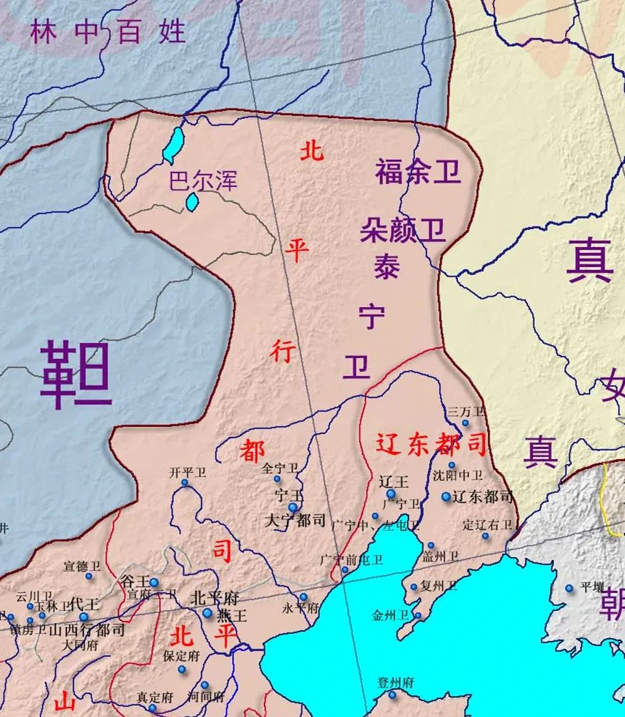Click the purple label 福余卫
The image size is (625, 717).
(x=417, y=172)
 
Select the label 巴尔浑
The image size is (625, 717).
(x=202, y=179)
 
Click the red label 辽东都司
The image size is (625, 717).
(x=432, y=444)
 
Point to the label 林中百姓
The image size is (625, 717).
(x=107, y=32)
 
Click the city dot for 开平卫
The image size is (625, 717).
(x=185, y=483)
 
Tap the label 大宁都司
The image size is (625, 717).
(x=295, y=521)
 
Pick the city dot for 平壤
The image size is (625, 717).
(x=569, y=588)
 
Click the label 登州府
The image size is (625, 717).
(x=396, y=683)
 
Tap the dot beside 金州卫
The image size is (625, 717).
(x=418, y=615)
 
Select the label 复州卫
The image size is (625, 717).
(x=438, y=585)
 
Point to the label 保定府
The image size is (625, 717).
(x=181, y=655)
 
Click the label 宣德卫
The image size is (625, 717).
(x=82, y=565)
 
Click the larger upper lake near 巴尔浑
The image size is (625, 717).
(x=173, y=145)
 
